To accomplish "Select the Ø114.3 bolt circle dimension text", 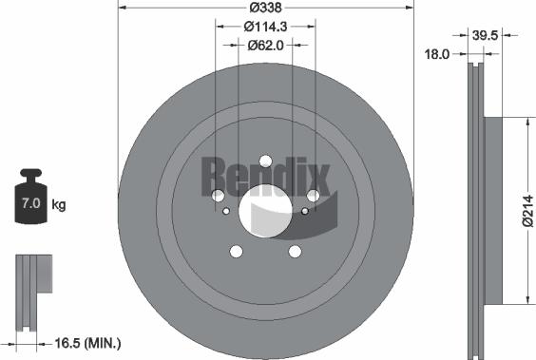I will point(266,27).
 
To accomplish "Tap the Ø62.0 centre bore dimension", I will point(266,44).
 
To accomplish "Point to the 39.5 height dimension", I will point(487,35).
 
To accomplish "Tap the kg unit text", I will point(58,204).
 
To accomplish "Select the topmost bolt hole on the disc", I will point(265,161).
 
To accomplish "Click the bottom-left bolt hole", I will point(236,252).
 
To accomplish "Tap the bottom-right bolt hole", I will point(295,251).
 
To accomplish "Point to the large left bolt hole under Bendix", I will point(218,195).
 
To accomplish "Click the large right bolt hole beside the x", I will point(313,195).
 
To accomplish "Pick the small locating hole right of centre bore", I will point(304,211).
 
